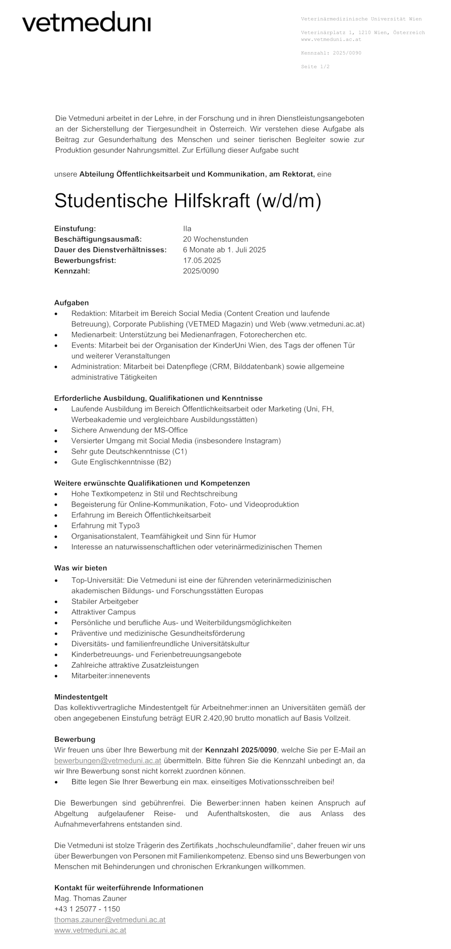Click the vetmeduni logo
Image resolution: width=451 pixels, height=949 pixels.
point(86,22)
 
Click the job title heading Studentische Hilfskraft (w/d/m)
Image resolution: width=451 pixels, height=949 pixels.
point(188,201)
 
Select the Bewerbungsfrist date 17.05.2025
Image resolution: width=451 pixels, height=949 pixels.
point(202,260)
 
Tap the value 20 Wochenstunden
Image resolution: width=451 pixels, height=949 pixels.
point(215,239)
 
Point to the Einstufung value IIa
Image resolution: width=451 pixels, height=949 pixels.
point(187,229)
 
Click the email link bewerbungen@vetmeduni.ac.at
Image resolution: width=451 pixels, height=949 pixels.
point(107,761)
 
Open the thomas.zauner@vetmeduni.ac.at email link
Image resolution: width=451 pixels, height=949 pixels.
point(110,919)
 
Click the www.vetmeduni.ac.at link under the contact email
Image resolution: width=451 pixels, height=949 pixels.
point(90,931)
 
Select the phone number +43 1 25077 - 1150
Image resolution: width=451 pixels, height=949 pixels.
point(87,909)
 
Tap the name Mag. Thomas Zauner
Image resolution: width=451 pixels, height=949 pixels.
point(90,898)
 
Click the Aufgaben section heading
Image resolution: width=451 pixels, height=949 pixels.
point(71,303)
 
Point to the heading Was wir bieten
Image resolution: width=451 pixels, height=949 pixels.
point(81,568)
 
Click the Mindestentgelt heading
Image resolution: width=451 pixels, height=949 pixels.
point(81,697)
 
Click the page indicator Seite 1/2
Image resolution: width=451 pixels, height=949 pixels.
point(315,67)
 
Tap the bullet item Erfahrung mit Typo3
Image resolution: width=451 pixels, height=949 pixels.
point(105,525)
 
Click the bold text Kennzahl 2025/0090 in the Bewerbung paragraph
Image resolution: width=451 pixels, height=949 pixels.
point(241,750)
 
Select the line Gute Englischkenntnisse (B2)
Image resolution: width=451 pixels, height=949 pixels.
point(121,462)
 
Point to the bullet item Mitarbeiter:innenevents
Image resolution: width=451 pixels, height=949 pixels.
point(111,676)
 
